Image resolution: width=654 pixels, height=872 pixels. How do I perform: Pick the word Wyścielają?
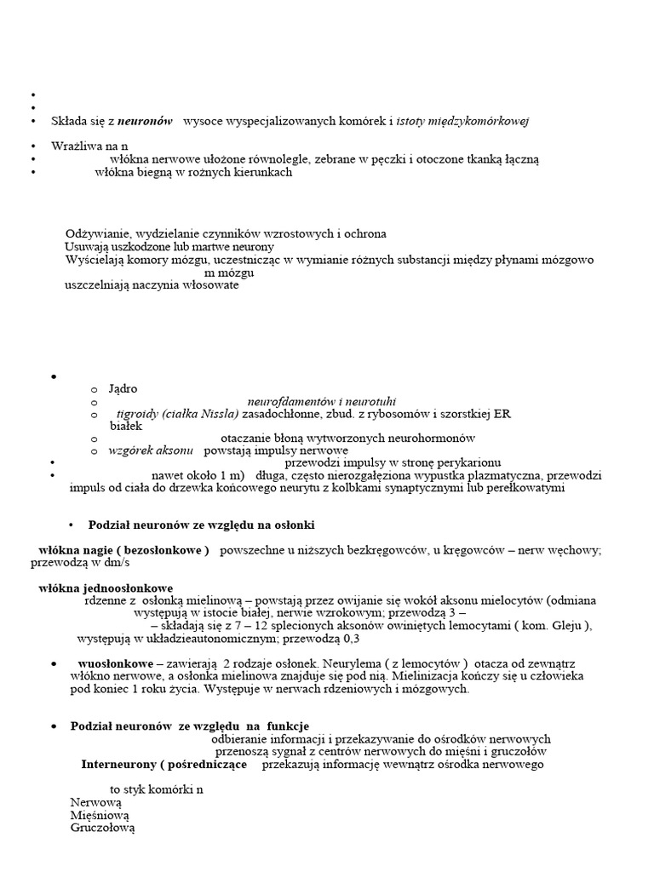click(95, 260)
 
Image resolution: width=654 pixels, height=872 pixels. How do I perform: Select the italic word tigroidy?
click(139, 414)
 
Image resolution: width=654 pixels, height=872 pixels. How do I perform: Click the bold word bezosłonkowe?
click(163, 550)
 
